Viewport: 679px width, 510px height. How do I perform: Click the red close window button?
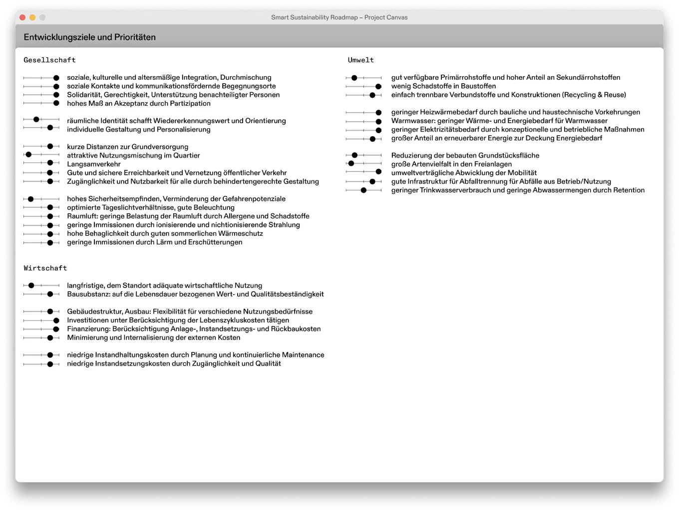click(x=22, y=17)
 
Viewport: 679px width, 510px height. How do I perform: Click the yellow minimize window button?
click(x=32, y=17)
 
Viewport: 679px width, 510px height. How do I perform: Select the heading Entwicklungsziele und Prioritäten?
click(x=89, y=37)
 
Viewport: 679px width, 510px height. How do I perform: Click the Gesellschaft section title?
click(x=49, y=60)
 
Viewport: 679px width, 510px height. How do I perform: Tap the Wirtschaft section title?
click(x=45, y=268)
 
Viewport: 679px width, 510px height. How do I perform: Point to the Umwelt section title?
click(x=360, y=60)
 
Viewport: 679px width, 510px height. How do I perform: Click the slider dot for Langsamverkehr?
click(x=50, y=164)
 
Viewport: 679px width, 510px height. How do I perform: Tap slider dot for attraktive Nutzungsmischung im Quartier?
click(x=28, y=155)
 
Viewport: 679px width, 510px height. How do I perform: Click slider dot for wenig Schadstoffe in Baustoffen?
click(x=378, y=86)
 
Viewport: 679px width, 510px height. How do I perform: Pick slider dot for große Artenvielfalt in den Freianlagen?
click(x=351, y=164)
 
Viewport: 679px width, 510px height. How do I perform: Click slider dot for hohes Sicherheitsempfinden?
click(x=30, y=199)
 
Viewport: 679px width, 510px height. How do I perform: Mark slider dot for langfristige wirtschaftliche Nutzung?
click(x=31, y=286)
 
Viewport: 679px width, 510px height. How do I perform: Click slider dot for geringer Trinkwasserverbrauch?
click(x=363, y=190)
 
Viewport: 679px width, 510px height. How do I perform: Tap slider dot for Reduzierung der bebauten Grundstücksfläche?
click(x=354, y=156)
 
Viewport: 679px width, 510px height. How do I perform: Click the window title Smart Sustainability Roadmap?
click(x=339, y=17)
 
